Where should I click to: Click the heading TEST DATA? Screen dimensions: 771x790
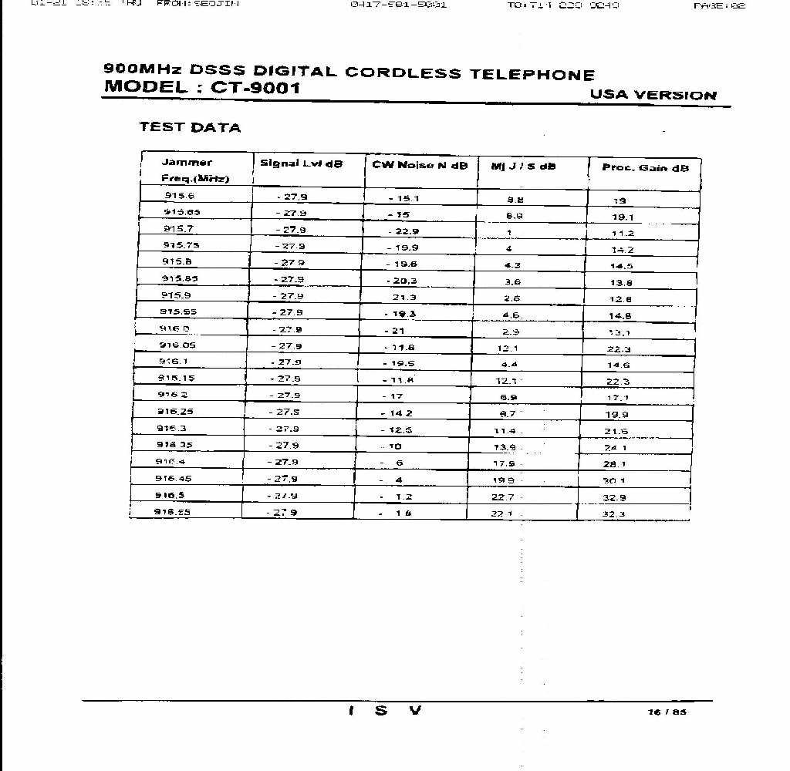coord(190,127)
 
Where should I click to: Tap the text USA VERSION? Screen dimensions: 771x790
coord(653,95)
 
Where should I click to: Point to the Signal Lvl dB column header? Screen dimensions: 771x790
coord(301,163)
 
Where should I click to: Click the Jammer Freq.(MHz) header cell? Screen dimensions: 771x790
coord(194,170)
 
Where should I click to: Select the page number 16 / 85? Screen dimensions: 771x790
coord(667,712)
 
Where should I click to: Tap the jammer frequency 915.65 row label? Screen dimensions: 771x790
coord(181,212)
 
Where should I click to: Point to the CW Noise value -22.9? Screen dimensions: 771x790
coord(403,231)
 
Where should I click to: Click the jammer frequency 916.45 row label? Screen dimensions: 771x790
coord(173,479)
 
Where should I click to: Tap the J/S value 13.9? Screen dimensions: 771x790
coord(504,447)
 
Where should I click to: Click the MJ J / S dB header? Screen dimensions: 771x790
coord(523,166)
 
